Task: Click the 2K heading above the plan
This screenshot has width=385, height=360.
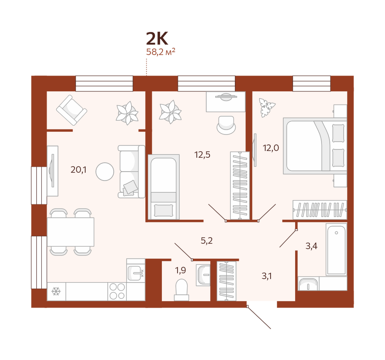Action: [157, 39]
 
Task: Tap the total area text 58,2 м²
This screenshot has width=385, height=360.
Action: [160, 52]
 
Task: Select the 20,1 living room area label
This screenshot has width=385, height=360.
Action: [78, 169]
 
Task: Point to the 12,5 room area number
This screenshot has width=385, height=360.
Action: [202, 155]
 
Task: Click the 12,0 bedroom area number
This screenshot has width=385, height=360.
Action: [271, 148]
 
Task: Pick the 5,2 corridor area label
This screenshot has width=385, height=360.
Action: [206, 241]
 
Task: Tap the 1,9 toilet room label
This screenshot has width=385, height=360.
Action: [180, 270]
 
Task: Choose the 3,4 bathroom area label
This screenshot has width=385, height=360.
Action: [312, 246]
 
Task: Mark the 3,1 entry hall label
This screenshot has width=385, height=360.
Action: [267, 276]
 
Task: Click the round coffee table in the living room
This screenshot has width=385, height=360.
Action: [105, 172]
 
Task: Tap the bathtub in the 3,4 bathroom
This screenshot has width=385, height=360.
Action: [337, 249]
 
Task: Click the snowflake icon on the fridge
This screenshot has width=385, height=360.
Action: [56, 292]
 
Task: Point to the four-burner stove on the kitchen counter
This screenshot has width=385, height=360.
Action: [117, 291]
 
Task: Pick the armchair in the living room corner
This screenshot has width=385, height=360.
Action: [72, 110]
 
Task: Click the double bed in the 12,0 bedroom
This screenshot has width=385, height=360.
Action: [315, 146]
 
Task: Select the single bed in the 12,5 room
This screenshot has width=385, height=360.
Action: [164, 187]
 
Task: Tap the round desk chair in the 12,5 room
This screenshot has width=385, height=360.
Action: [226, 125]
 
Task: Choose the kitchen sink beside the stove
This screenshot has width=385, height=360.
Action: [135, 270]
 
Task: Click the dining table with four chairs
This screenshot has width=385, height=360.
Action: [71, 232]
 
